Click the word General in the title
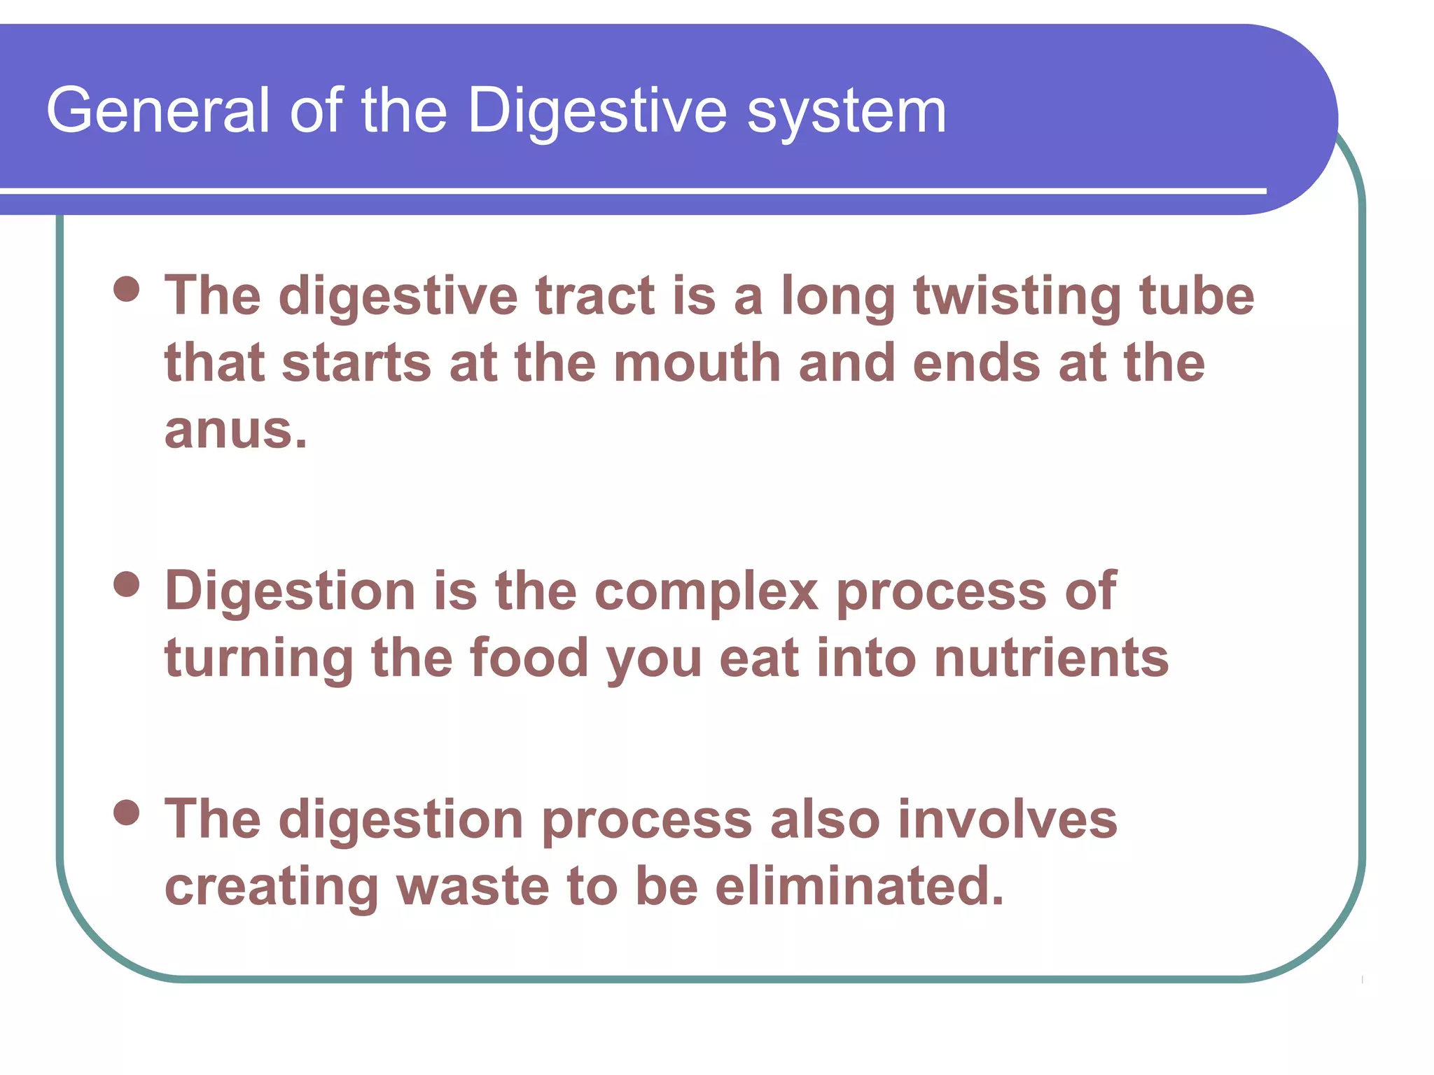[158, 111]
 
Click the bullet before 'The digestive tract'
[127, 289]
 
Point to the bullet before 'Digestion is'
[127, 584]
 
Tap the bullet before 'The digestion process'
[127, 813]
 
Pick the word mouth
[697, 363]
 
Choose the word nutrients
[1051, 659]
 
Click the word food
[529, 659]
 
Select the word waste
[473, 887]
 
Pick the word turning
[259, 660]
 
